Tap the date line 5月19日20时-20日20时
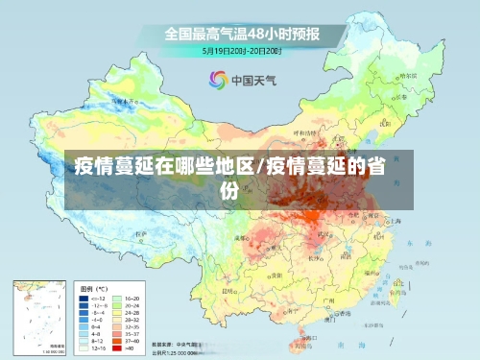[241, 50]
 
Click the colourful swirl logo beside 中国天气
[218, 80]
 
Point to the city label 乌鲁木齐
[121, 99]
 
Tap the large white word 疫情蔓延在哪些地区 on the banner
[166, 166]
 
